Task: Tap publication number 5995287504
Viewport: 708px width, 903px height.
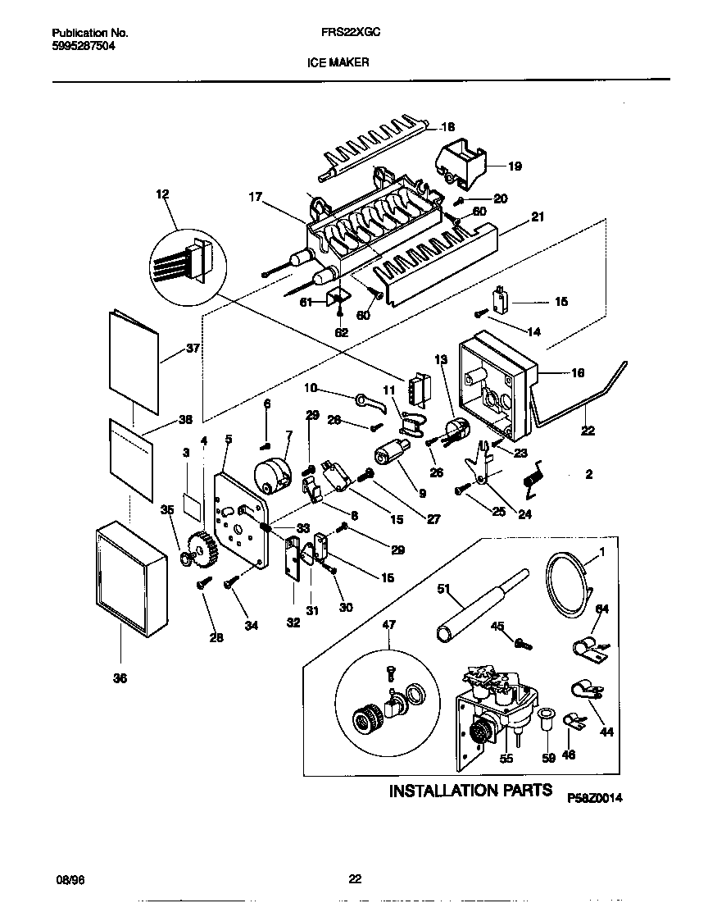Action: coord(80,47)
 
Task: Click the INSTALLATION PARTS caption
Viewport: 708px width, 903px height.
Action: coord(470,791)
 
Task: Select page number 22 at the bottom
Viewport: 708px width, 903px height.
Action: coord(354,880)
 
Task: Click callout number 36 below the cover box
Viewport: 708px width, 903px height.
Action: coord(120,677)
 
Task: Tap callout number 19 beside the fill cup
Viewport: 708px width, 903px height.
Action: coord(514,166)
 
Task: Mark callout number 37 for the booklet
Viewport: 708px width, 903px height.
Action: coord(193,348)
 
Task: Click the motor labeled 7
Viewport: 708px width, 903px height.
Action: coord(275,476)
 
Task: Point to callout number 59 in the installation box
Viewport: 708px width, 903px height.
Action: coord(549,758)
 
